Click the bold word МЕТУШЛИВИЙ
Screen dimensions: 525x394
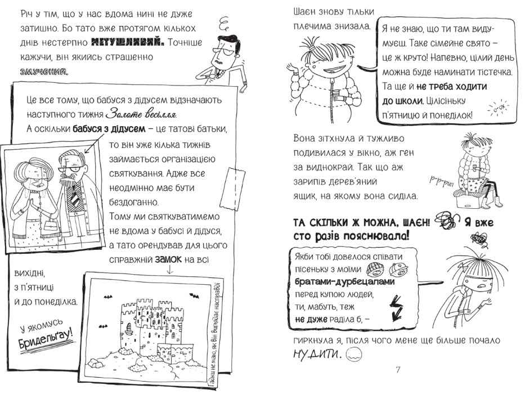point(127,43)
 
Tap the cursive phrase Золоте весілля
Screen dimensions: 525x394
point(141,114)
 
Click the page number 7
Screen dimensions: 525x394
point(398,370)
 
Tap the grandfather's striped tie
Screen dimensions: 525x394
point(74,195)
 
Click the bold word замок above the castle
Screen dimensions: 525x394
point(168,259)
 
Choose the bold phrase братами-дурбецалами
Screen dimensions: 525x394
point(345,281)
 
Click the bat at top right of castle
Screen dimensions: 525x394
point(194,295)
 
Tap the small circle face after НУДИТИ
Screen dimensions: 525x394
point(353,354)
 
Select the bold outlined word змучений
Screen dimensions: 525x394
point(43,71)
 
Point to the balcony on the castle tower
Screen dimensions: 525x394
point(128,329)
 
